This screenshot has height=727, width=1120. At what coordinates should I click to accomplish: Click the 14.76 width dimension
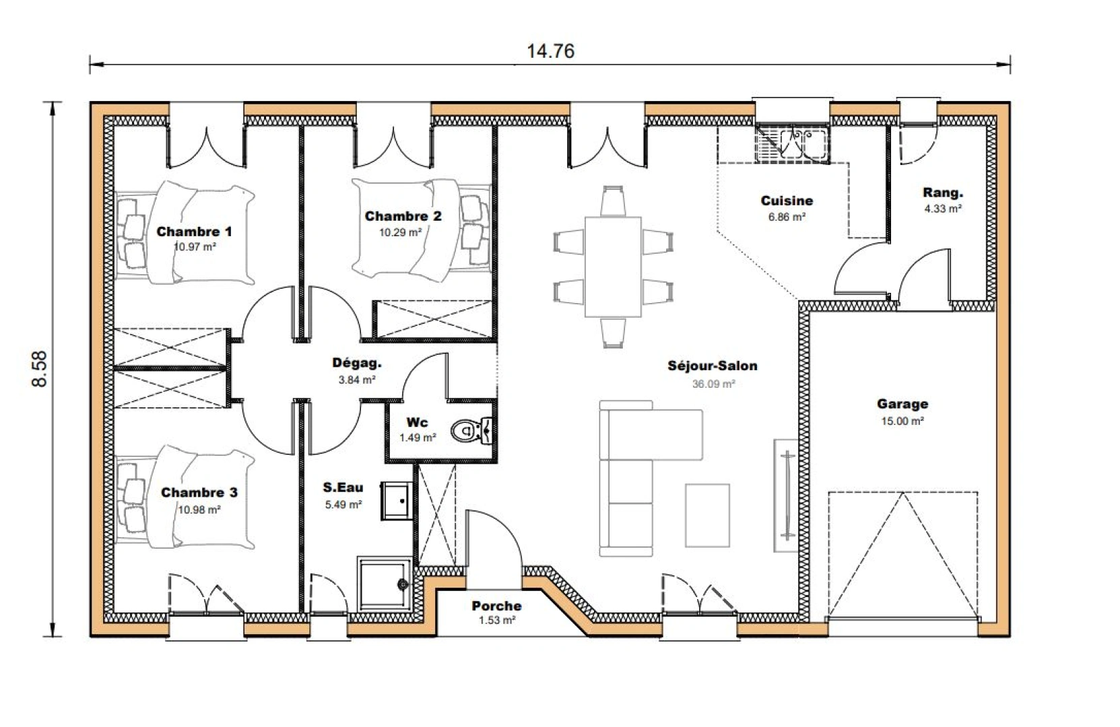(x=550, y=51)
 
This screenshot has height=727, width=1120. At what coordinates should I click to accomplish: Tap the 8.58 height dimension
(x=40, y=369)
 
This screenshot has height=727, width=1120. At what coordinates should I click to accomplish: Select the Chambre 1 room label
(x=194, y=232)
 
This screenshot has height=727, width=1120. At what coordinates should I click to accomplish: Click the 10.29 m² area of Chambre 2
(x=400, y=232)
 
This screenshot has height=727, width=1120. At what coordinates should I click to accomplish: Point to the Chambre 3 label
(x=199, y=493)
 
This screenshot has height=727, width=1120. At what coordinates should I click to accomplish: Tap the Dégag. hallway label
(x=356, y=363)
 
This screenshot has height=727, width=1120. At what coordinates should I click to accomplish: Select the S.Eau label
(x=343, y=488)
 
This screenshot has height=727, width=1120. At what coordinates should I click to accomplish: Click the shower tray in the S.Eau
(x=383, y=584)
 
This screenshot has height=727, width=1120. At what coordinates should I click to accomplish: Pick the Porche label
(x=496, y=606)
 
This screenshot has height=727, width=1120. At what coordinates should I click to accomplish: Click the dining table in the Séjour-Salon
(x=613, y=267)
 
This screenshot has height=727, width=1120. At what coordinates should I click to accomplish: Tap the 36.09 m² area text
(x=713, y=384)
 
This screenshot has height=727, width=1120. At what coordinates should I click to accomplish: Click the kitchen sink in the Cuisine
(x=792, y=143)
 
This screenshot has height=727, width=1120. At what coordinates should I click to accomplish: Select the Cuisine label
(x=787, y=201)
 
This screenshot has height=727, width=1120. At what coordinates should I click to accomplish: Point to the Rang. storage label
(x=942, y=193)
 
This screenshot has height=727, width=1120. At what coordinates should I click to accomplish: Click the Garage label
(x=902, y=404)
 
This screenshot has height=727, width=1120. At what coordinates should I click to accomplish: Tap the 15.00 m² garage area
(x=902, y=421)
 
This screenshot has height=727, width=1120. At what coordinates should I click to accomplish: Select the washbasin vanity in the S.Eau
(x=397, y=501)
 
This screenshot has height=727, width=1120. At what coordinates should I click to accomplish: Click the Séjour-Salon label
(x=713, y=366)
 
